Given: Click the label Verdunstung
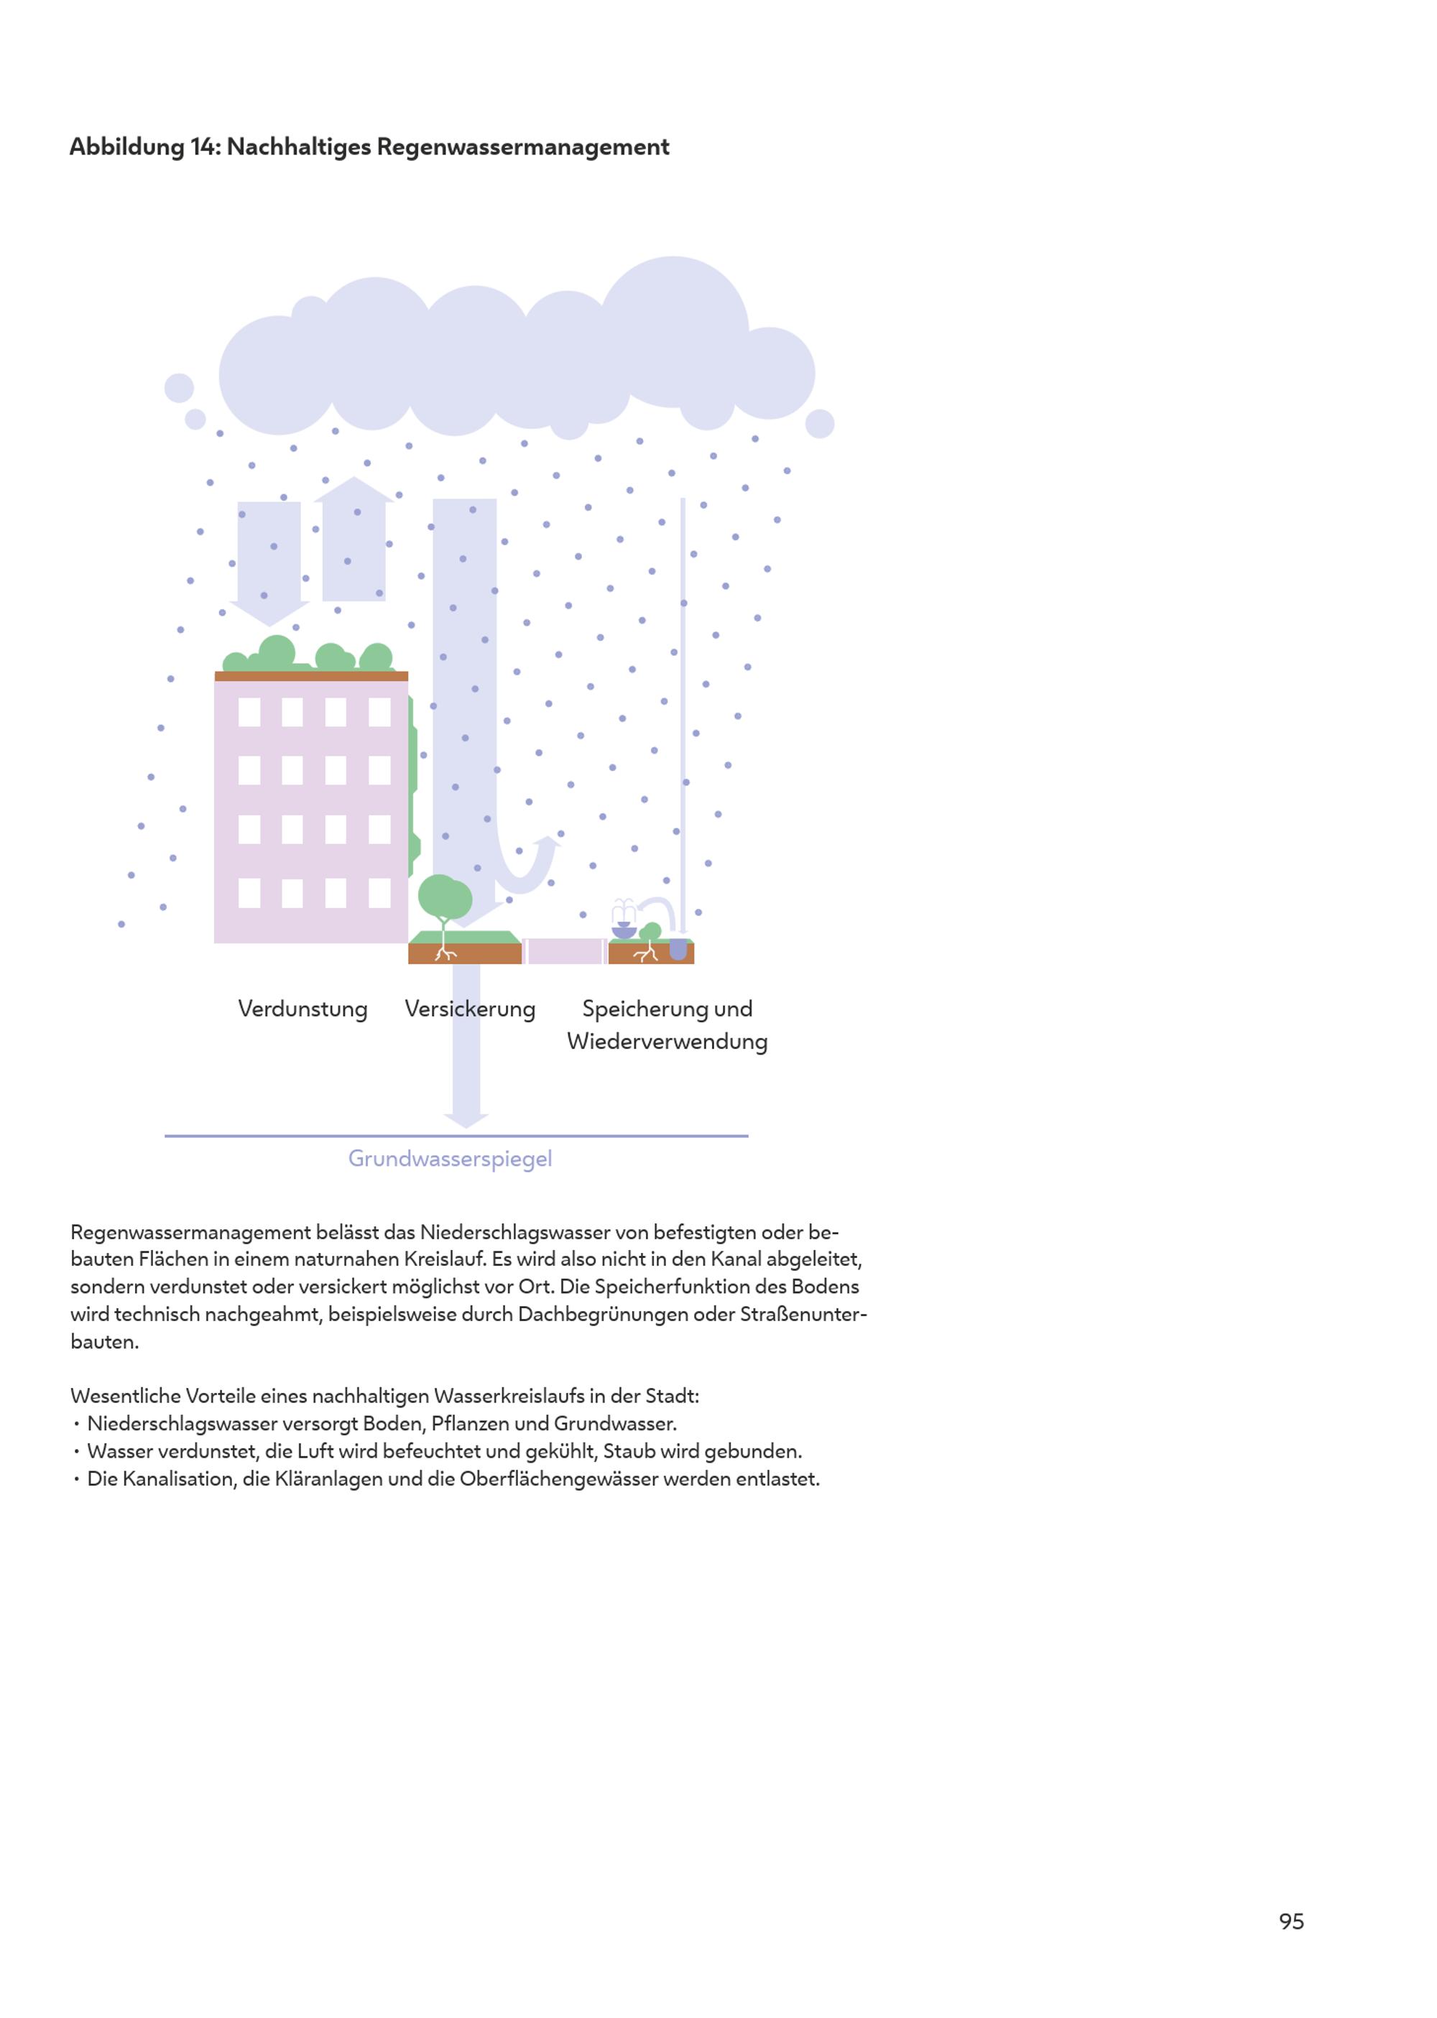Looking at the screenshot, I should click(x=302, y=1009).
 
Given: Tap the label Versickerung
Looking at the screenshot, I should click(x=470, y=1009).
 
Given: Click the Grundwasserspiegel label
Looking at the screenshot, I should click(x=450, y=1158).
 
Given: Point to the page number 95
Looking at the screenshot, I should click(x=1291, y=1921).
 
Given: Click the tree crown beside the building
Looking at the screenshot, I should click(x=444, y=897).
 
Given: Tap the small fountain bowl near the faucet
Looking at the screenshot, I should click(x=624, y=931).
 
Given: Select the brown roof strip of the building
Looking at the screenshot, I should click(x=311, y=676).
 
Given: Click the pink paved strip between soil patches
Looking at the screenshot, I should click(x=565, y=951).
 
